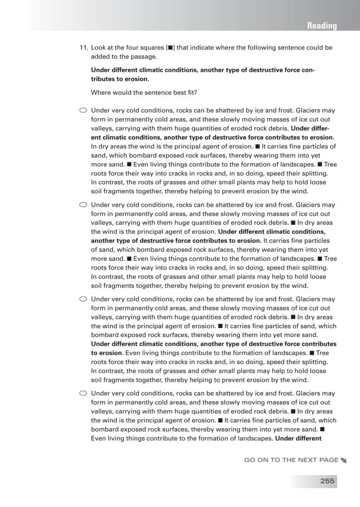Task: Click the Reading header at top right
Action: coord(322,26)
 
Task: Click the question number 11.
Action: coord(83,47)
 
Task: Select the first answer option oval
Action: coord(83,111)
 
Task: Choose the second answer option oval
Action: coord(83,205)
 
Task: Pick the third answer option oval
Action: coord(83,299)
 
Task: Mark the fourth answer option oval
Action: coord(83,393)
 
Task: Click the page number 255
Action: coord(327,481)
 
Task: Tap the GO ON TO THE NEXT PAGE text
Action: coord(291,460)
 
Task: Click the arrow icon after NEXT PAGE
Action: coord(344,460)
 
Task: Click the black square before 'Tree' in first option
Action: coord(320,165)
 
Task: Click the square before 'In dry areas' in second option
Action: coord(293,223)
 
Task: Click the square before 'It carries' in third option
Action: coord(220,326)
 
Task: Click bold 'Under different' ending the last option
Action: coord(298,438)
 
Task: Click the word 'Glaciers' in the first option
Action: coord(308,111)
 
